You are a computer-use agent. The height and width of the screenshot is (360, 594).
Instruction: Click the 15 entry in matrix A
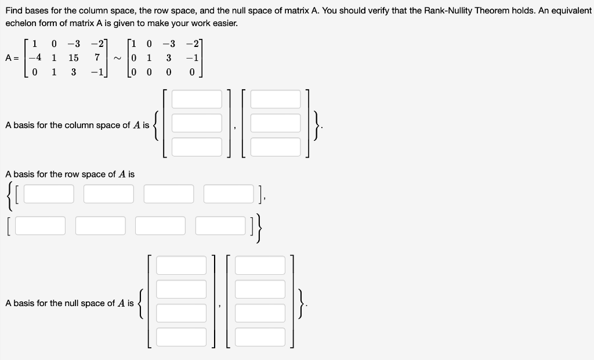point(73,58)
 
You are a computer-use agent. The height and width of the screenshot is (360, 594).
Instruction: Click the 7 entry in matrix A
point(98,58)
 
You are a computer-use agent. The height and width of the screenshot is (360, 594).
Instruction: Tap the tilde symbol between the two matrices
point(117,58)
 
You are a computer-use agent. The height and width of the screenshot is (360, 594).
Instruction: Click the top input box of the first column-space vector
point(197,99)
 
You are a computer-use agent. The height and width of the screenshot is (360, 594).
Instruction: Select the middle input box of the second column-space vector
point(276,123)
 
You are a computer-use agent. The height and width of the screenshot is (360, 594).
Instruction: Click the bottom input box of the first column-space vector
point(197,147)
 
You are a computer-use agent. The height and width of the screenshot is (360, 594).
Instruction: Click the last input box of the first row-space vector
point(229,194)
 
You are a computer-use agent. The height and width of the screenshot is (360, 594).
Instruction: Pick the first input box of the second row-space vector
point(41,226)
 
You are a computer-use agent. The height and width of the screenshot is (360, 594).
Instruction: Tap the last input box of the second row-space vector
point(220,226)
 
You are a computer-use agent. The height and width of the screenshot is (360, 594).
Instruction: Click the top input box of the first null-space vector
point(181,265)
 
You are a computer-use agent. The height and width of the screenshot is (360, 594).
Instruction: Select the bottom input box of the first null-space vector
point(181,337)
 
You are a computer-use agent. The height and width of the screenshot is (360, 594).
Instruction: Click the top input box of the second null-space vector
point(260,265)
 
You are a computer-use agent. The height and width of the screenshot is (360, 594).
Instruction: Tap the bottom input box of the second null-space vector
point(260,337)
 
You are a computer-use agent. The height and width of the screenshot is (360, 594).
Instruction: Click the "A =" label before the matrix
point(13,58)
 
